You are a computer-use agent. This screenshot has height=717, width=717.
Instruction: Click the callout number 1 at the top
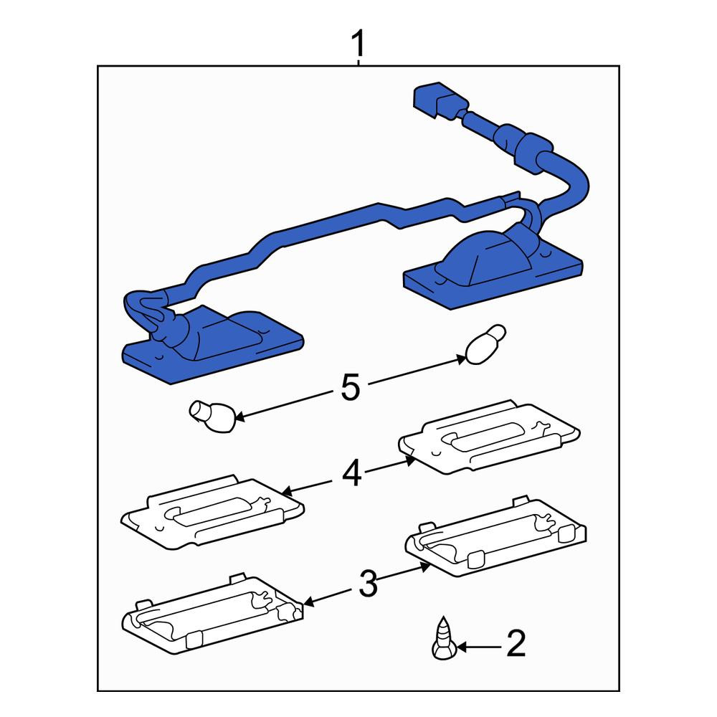pos(358,43)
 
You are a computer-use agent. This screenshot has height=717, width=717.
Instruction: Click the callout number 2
pos(516,643)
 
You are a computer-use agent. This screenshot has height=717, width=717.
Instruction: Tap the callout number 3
pos(368,584)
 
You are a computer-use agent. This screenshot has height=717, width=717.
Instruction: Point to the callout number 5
pos(351,387)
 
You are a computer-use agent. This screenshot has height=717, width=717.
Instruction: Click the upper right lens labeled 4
pos(489,436)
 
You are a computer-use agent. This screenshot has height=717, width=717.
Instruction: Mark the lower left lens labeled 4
pos(213,512)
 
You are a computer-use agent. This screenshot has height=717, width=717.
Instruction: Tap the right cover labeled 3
pos(496,537)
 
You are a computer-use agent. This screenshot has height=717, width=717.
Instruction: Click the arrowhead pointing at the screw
pos(461,647)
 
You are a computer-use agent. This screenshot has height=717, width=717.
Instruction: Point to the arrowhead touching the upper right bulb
pos(461,358)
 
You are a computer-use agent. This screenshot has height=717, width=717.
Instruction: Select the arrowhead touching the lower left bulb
pos(239,416)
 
